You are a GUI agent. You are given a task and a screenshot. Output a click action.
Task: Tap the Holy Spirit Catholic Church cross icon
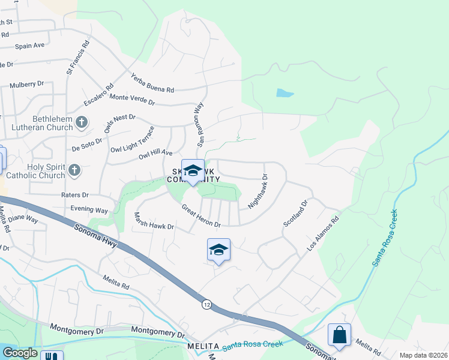click(74, 169)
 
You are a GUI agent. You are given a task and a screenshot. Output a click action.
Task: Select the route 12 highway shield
click(206, 305)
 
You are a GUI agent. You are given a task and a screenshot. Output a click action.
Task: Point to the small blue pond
click(284, 94)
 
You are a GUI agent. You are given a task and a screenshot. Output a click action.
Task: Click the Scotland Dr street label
click(295, 214)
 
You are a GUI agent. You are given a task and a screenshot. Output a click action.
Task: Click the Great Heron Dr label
click(202, 216)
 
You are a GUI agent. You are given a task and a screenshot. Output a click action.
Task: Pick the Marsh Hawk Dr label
click(153, 221)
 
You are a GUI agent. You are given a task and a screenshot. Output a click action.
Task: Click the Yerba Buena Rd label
click(152, 83)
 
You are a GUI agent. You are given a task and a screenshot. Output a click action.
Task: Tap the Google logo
click(20, 353)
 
